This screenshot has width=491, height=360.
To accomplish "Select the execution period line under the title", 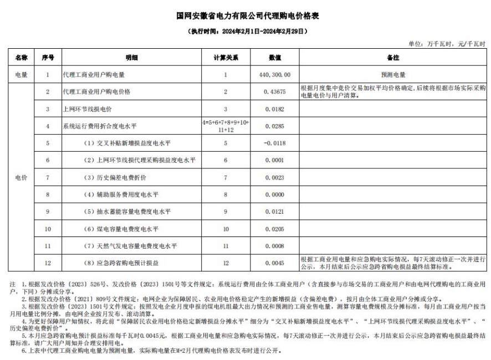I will coord(245,32).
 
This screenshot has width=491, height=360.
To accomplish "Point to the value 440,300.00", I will coord(275,74).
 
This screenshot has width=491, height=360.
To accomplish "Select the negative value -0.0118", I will coord(275,143).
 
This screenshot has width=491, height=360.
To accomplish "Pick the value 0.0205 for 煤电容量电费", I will coord(275,229).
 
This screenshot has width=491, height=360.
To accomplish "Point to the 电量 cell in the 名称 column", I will coord(21,74).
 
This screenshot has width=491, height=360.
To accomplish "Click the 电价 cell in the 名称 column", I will coord(21,177).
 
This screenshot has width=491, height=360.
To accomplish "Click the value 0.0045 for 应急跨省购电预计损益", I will coord(275,263).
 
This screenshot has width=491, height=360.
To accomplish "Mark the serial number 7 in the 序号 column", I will coord(48,177).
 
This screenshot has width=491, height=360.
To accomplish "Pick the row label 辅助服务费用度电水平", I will coord(121,194).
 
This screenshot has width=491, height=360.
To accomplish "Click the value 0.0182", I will coord(275,109).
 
